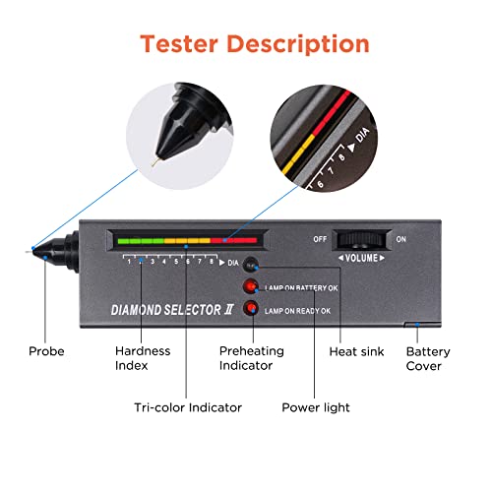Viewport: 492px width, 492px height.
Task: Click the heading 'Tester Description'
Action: [254, 44]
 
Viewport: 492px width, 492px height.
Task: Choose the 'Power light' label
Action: [316, 406]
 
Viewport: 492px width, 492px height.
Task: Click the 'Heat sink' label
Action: [357, 351]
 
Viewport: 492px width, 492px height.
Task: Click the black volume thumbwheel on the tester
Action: [358, 239]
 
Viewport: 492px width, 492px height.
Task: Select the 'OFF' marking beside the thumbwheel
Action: [319, 238]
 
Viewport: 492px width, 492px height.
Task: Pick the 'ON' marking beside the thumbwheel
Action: [400, 238]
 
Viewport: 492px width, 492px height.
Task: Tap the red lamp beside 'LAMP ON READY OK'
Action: [253, 309]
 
